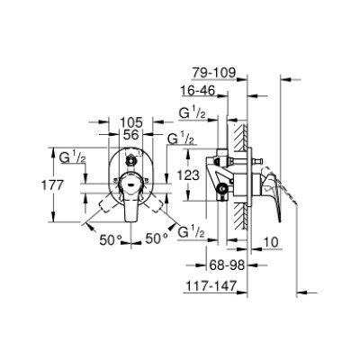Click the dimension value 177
tap(52, 185)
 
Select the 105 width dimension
tap(130, 122)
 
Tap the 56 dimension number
tap(131, 135)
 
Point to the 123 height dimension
tap(188, 175)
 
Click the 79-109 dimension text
tap(214, 73)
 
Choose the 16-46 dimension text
tap(198, 90)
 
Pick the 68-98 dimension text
tap(227, 265)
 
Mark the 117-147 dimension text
tap(211, 285)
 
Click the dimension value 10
tap(271, 241)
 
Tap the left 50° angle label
tap(111, 239)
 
